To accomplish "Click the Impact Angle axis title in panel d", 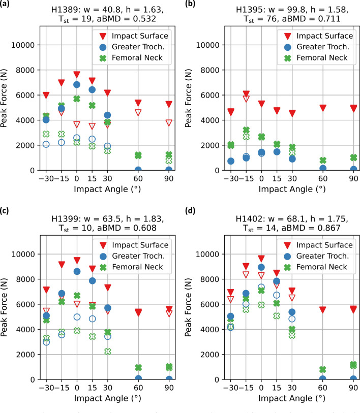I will (281, 401).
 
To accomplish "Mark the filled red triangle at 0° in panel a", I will (77, 74).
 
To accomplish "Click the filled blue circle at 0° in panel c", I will (77, 271).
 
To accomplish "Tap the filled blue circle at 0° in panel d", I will (261, 267).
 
